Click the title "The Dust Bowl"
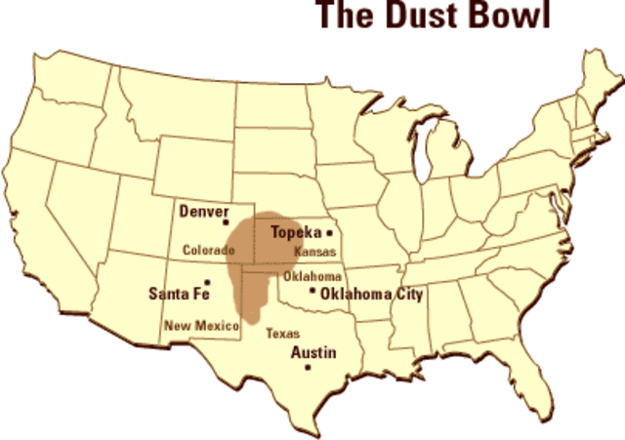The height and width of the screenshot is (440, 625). point(432,17)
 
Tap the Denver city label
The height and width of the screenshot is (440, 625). point(203,211)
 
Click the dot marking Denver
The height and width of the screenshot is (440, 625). point(227,221)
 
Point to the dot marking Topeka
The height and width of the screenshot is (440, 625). point(330,233)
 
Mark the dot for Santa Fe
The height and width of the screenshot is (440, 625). point(207,282)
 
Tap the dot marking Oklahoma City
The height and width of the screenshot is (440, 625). point(312,290)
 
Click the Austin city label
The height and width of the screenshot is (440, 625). point(313,352)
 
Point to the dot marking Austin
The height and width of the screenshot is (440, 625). point(308,368)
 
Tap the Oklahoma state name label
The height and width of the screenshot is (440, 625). point(312,276)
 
